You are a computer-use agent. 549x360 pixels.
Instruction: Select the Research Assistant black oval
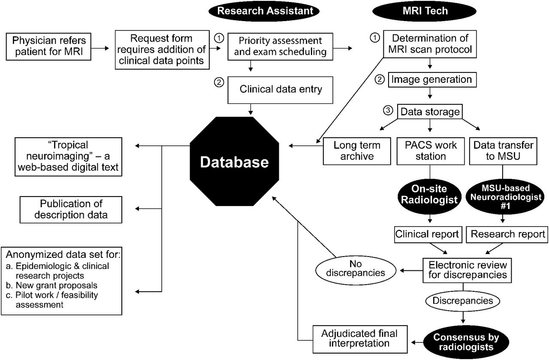click(265, 11)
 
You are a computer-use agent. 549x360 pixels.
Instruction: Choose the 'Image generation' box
click(431, 80)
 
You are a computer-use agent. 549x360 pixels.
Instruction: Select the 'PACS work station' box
click(431, 151)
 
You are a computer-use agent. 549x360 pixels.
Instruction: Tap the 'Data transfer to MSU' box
click(502, 151)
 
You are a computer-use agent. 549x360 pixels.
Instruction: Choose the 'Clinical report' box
click(427, 234)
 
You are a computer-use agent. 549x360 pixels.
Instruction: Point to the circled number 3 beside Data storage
click(388, 110)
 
